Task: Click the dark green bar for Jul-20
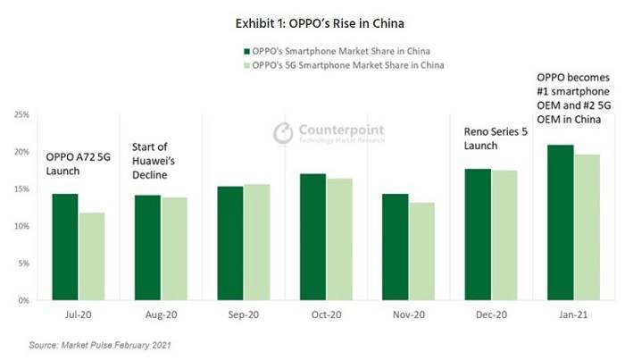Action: (x=65, y=247)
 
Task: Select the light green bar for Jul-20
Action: (x=92, y=256)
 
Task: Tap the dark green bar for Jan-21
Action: (x=561, y=222)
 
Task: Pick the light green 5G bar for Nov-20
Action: (x=421, y=251)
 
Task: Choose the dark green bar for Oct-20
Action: (x=312, y=237)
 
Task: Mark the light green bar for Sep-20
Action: (x=257, y=242)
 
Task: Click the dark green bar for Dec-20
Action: (x=478, y=234)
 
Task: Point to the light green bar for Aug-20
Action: (x=174, y=248)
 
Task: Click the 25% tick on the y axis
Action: (x=22, y=115)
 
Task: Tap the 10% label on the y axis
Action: (x=22, y=226)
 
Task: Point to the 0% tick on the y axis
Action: (x=23, y=300)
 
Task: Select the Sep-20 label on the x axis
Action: (x=244, y=314)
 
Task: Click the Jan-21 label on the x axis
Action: (x=573, y=314)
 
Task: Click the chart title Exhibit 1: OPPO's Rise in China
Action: (x=320, y=23)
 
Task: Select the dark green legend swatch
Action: (x=246, y=52)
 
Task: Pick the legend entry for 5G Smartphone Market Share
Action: (x=344, y=65)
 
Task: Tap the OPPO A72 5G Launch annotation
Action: (x=79, y=163)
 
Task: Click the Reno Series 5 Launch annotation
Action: (x=496, y=138)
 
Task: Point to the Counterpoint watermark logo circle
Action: (x=283, y=133)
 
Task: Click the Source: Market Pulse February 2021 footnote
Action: (x=100, y=345)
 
